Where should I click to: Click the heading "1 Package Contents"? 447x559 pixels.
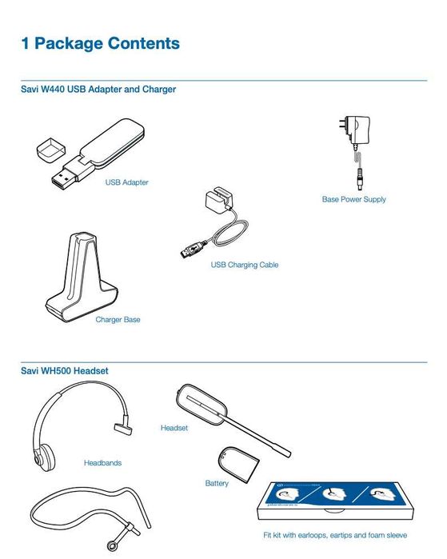(100, 43)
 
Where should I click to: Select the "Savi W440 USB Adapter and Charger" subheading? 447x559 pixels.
(98, 90)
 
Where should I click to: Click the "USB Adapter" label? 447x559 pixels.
(126, 182)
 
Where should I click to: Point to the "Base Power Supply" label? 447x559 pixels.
(353, 199)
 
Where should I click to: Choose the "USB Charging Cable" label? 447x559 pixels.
(244, 265)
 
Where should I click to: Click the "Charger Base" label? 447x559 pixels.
(118, 320)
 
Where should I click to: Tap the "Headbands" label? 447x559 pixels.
(102, 462)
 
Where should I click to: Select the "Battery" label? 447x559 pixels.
(217, 483)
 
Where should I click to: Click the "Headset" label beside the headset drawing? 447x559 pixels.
(174, 429)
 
